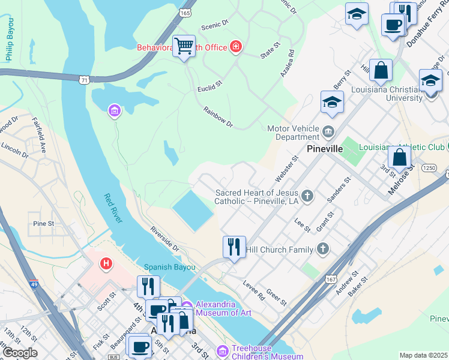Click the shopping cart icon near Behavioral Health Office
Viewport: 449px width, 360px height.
click(x=184, y=46)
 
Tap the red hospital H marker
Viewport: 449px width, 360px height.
click(x=106, y=263)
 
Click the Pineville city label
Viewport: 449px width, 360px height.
click(x=324, y=148)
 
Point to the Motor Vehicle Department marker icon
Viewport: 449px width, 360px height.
click(x=328, y=131)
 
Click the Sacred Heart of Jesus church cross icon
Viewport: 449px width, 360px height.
click(x=307, y=195)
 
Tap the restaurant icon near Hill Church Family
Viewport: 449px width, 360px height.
click(x=233, y=247)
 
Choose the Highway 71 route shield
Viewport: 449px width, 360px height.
click(x=85, y=79)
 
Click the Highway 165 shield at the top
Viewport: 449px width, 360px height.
click(x=185, y=13)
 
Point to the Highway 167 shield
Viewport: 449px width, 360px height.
click(x=331, y=279)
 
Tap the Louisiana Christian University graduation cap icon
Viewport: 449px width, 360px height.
click(x=430, y=80)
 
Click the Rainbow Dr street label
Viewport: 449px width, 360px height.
click(x=217, y=117)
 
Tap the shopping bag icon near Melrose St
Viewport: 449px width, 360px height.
click(x=399, y=158)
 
